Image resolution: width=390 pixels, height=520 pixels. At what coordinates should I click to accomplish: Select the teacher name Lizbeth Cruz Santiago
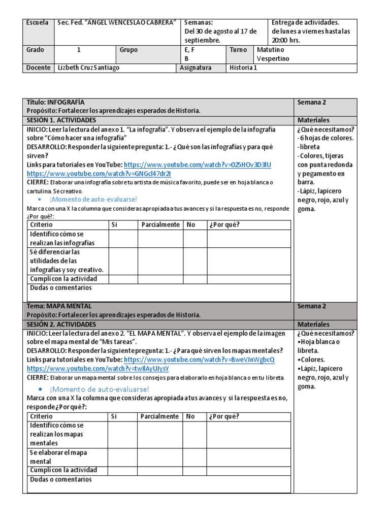[x=89, y=68]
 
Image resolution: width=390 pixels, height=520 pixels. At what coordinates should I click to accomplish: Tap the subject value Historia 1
[x=243, y=68]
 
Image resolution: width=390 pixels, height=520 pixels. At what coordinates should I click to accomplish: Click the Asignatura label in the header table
[x=196, y=68]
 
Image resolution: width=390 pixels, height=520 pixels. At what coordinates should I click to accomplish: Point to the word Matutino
[x=271, y=50]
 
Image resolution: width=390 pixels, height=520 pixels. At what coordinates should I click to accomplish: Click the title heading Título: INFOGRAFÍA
[x=55, y=102]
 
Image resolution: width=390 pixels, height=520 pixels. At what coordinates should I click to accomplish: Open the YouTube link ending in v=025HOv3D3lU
[x=198, y=165]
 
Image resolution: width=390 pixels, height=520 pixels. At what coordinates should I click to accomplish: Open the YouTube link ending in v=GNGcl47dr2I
[x=99, y=173]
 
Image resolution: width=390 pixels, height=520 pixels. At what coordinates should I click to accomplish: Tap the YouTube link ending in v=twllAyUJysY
[x=97, y=368]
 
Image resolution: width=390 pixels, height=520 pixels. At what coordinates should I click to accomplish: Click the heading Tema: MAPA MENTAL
[x=59, y=306]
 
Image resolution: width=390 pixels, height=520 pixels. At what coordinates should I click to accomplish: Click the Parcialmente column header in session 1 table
[x=160, y=225]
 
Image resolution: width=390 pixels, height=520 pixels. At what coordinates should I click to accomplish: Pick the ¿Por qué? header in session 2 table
[x=223, y=416]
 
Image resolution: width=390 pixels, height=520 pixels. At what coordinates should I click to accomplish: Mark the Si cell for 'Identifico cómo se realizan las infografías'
[x=123, y=239]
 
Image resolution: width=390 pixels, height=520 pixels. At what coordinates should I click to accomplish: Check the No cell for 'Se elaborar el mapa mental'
[x=194, y=457]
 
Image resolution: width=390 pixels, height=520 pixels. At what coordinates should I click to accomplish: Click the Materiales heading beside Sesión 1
[x=313, y=120]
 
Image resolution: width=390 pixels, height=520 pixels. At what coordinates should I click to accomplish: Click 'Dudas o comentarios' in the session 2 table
[x=61, y=479]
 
